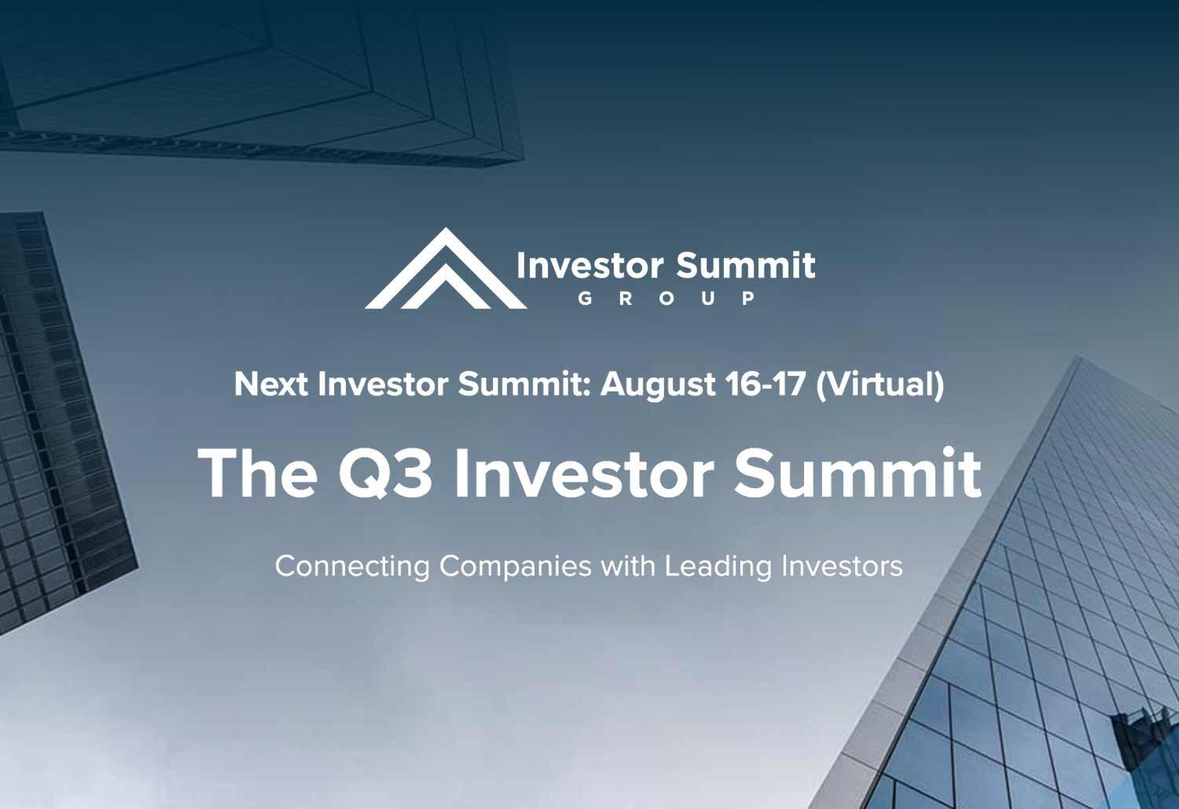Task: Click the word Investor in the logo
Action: [590, 265]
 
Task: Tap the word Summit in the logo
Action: [746, 265]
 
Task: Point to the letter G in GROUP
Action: [585, 299]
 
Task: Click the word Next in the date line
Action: [270, 384]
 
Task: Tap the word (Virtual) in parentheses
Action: [880, 385]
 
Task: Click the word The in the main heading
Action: [258, 473]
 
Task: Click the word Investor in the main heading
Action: [584, 473]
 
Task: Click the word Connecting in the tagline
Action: [352, 568]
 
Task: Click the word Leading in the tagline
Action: [718, 568]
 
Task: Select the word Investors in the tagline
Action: [842, 566]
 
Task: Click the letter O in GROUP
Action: [667, 299]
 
